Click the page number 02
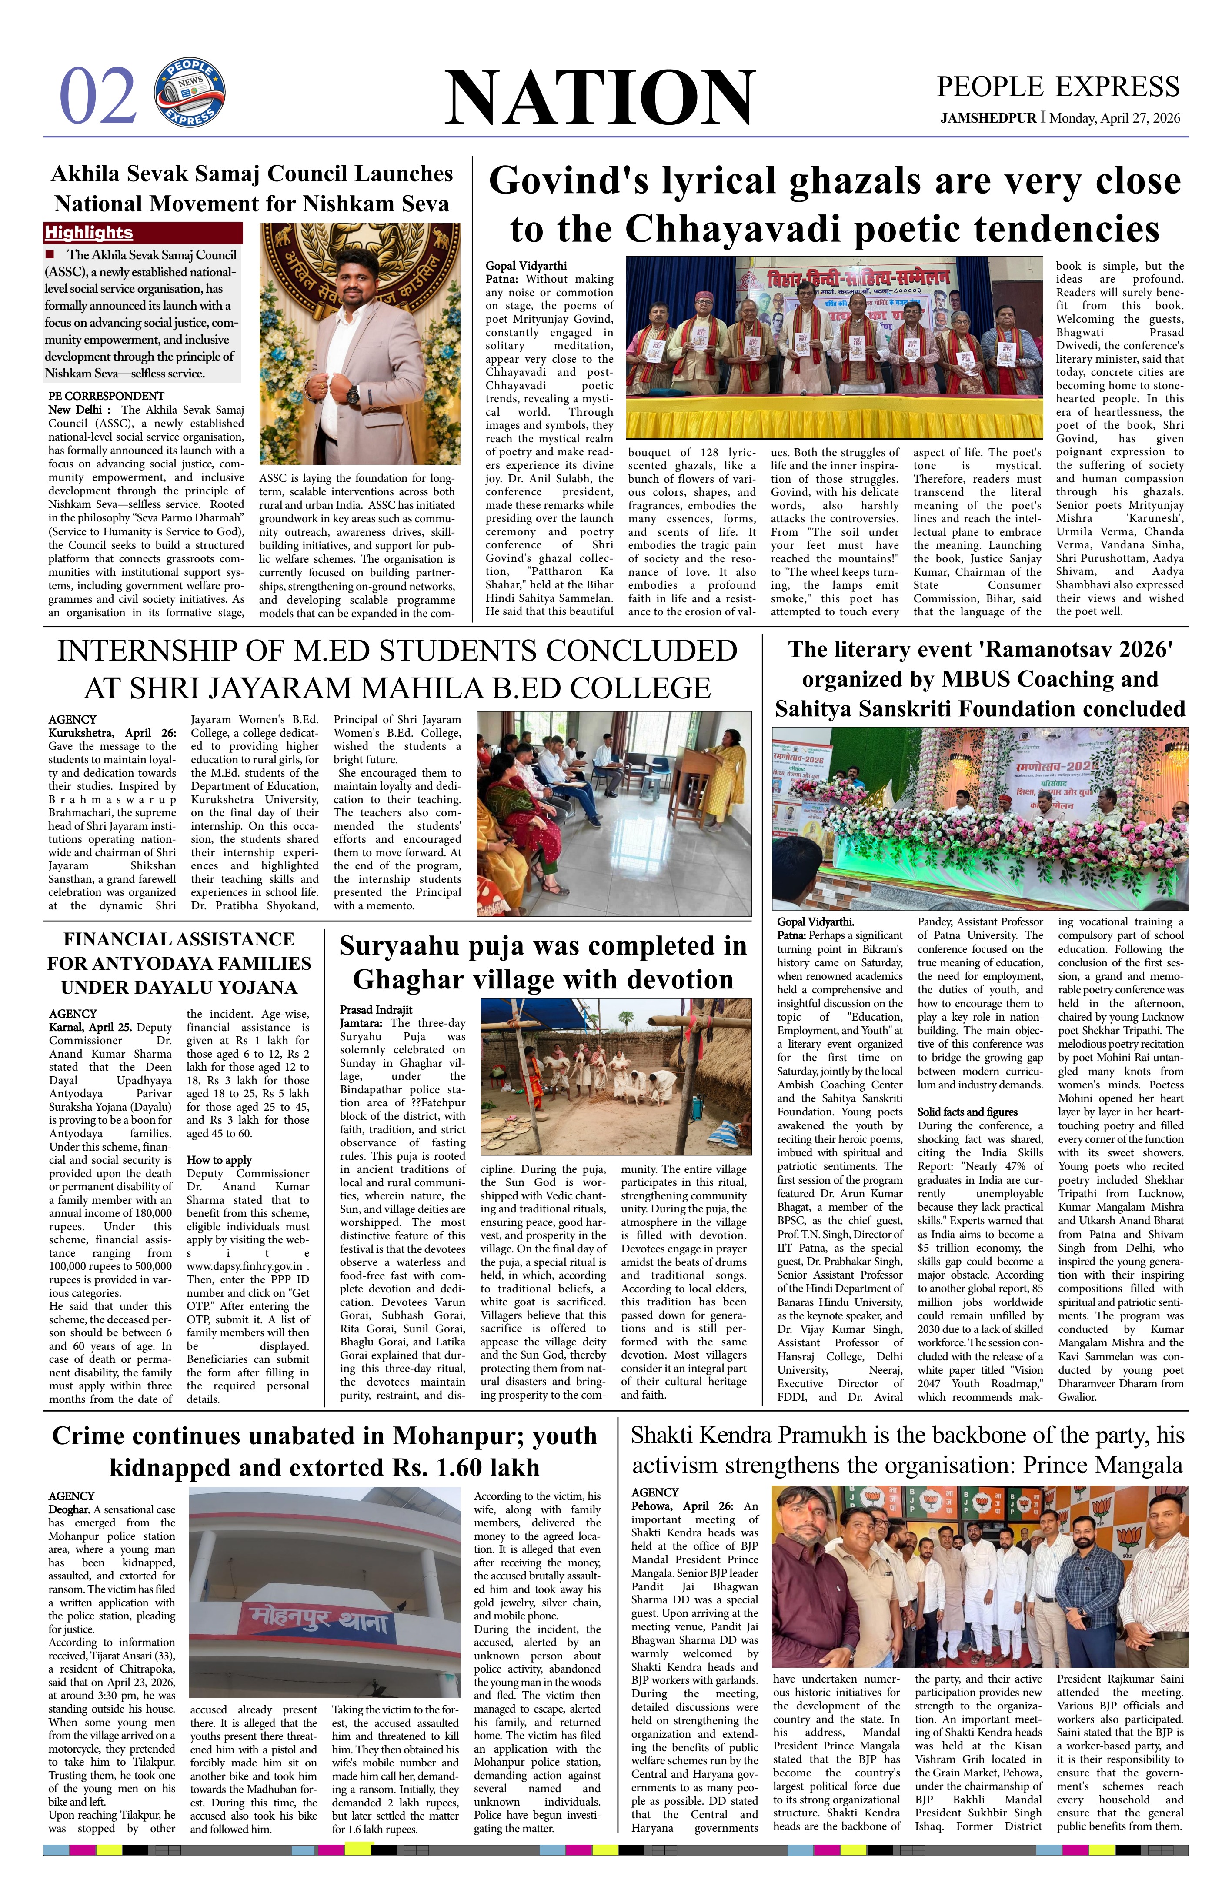97,97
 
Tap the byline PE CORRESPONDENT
106,396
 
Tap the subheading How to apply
219,1160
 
